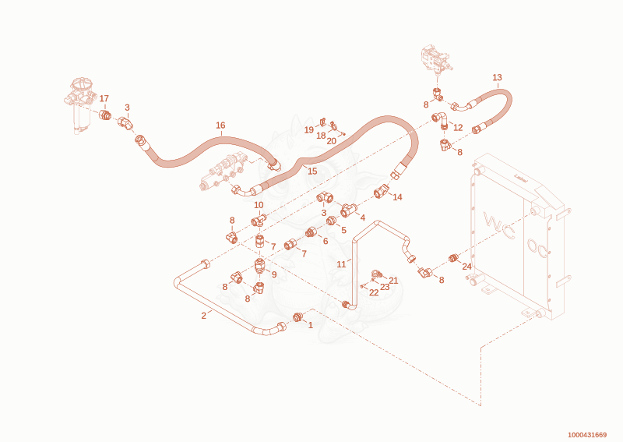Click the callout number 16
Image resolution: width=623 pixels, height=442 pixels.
pyautogui.click(x=220, y=126)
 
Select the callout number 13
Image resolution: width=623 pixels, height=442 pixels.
pyautogui.click(x=497, y=78)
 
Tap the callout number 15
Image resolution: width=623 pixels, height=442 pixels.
pyautogui.click(x=313, y=171)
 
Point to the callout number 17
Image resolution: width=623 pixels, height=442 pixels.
pyautogui.click(x=104, y=99)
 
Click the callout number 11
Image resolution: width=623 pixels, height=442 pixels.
pyautogui.click(x=341, y=264)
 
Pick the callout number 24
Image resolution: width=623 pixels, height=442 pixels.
pyautogui.click(x=466, y=267)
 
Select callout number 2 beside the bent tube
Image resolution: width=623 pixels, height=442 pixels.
pyautogui.click(x=203, y=316)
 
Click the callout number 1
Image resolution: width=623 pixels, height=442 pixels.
pyautogui.click(x=311, y=325)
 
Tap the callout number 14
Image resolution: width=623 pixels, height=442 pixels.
pyautogui.click(x=397, y=197)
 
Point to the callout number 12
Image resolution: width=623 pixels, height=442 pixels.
pyautogui.click(x=458, y=128)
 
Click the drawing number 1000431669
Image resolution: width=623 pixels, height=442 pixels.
pyautogui.click(x=587, y=435)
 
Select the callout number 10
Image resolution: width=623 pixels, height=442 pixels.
pyautogui.click(x=259, y=205)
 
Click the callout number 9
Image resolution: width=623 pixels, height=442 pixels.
pyautogui.click(x=274, y=275)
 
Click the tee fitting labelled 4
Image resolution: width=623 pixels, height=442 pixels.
pyautogui.click(x=348, y=210)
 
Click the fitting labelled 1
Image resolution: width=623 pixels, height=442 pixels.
pyautogui.click(x=298, y=317)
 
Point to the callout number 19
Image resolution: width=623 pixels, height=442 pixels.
pyautogui.click(x=308, y=130)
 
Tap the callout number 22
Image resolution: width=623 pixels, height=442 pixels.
pyautogui.click(x=374, y=293)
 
